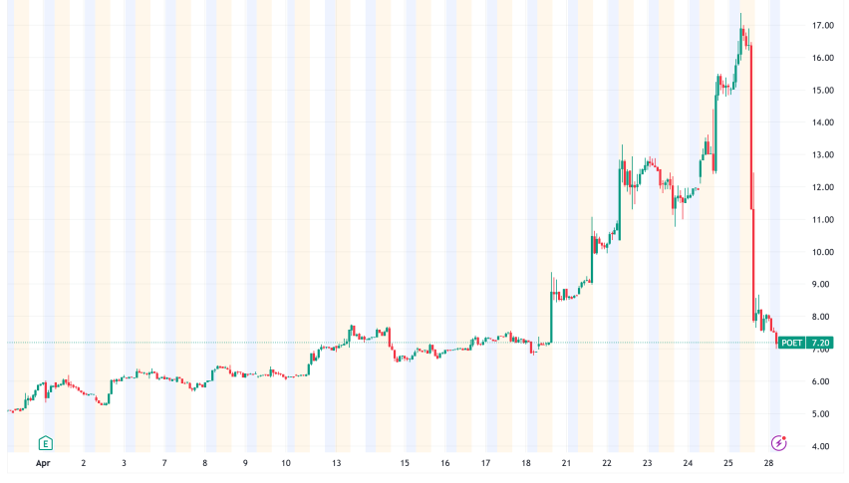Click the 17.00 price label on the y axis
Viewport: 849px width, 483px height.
click(x=822, y=26)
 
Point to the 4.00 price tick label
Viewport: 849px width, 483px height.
click(x=822, y=446)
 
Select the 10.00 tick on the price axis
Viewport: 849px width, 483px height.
click(x=822, y=252)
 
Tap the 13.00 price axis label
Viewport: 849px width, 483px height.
click(x=822, y=155)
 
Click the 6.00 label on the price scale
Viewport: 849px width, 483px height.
click(x=822, y=381)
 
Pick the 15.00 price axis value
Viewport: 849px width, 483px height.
click(x=822, y=91)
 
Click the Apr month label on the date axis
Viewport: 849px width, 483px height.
click(x=44, y=463)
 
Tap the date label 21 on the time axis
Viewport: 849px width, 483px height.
click(x=566, y=463)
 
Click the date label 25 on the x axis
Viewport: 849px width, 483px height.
click(x=728, y=463)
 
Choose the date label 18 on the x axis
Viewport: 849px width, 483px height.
click(x=525, y=463)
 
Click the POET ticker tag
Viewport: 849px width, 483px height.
click(x=791, y=343)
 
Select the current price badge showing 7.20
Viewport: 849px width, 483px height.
click(x=821, y=343)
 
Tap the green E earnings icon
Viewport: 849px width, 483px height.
click(x=45, y=442)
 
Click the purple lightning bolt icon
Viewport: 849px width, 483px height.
click(x=780, y=442)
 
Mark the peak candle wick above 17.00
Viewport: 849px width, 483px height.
click(x=741, y=15)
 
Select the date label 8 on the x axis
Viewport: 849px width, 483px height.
click(x=204, y=463)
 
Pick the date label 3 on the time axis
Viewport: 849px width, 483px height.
click(x=124, y=463)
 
